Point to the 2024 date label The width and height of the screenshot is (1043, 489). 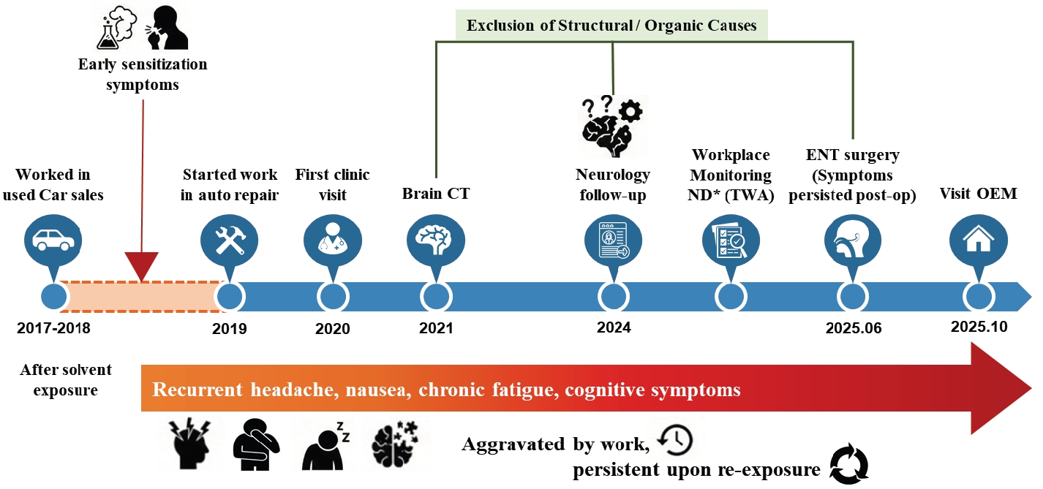[613, 328]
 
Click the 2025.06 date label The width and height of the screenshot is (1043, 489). [854, 328]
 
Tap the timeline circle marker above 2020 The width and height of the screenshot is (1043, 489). [332, 297]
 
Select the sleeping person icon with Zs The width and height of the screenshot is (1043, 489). [325, 445]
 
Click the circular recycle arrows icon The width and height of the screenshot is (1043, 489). [849, 465]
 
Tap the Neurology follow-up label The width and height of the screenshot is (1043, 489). [613, 185]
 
